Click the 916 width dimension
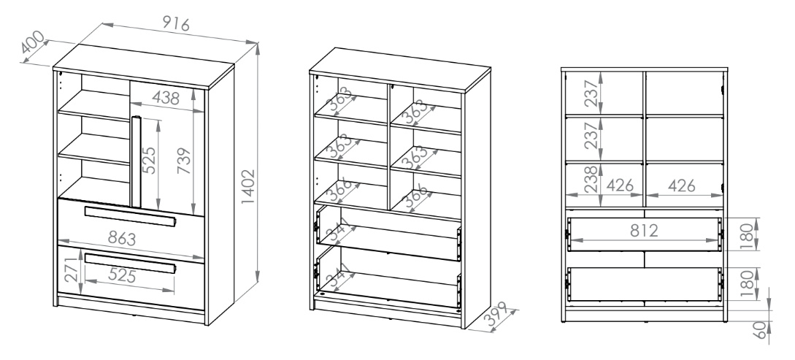point(176,23)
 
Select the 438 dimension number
point(165,98)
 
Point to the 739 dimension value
point(184,160)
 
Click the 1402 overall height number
point(248,187)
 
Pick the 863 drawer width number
point(122,238)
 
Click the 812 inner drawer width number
point(644,231)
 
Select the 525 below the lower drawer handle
point(122,276)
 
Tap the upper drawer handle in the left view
point(130,216)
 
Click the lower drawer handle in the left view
point(130,263)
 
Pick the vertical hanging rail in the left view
point(135,162)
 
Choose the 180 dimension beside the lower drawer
point(747,283)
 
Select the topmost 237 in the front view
point(591,93)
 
